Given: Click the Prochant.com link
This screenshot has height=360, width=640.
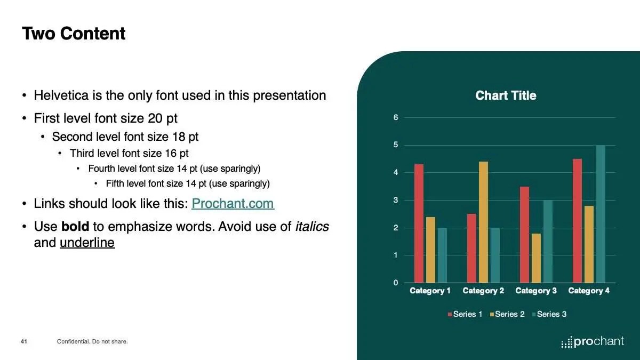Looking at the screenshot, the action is click(x=233, y=204).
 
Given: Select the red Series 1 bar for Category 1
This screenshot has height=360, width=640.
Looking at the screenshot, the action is click(x=419, y=223).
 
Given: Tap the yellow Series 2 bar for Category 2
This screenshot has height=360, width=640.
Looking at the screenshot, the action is click(x=483, y=222).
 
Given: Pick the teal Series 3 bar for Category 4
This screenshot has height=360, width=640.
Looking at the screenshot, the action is click(x=601, y=214).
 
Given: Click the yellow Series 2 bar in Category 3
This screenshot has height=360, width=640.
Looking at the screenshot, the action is click(x=537, y=258).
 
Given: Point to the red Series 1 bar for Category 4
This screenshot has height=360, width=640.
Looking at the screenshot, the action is click(x=578, y=221).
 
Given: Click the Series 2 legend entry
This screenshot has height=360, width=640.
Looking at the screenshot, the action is click(x=507, y=314).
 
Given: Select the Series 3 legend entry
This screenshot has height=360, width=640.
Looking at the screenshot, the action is click(x=549, y=314).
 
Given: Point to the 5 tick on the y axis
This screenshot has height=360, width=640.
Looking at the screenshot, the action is click(x=396, y=145).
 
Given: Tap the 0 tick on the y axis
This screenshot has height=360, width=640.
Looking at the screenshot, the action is click(x=396, y=283).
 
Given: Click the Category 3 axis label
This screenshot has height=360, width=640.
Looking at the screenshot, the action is click(x=536, y=291).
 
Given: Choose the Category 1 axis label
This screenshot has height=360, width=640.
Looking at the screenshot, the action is click(x=430, y=291).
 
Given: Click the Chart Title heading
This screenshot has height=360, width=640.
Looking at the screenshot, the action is click(x=506, y=95).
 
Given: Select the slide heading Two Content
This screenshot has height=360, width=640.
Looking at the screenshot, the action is click(x=74, y=34).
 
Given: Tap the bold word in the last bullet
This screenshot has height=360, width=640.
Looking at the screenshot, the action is click(x=75, y=227).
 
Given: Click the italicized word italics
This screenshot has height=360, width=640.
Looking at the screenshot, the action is click(x=312, y=227).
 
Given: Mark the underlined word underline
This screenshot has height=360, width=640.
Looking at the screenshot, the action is click(x=87, y=243).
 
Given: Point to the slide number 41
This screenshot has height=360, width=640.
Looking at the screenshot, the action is click(x=24, y=341).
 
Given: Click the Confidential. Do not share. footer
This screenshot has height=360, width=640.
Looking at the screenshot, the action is click(x=92, y=341).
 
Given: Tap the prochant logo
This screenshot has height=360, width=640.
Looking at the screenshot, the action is click(x=593, y=342).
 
